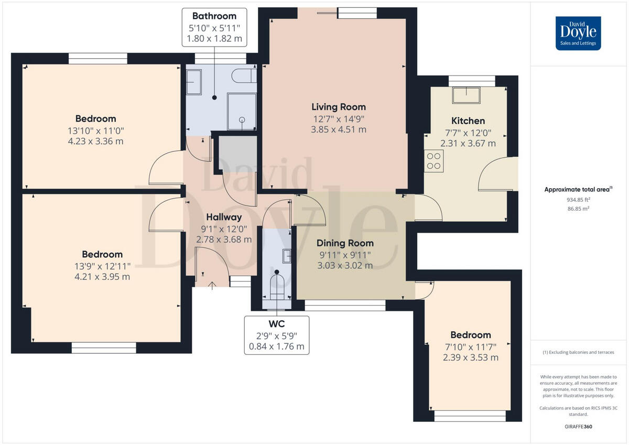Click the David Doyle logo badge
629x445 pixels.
[578, 33]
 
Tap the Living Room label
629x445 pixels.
[339, 107]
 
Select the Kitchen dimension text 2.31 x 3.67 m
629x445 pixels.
[468, 143]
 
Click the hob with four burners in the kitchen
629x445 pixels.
[435, 161]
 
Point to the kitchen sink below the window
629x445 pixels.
[468, 95]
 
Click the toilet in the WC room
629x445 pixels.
[277, 287]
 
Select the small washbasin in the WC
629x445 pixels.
[287, 256]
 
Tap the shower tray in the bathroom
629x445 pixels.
[242, 111]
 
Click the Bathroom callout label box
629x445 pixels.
[214, 27]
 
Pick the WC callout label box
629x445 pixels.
[276, 335]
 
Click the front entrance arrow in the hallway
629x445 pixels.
[212, 286]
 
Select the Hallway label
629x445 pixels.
[224, 217]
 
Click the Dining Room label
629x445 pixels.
[345, 243]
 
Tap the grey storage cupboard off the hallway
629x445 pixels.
[237, 155]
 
